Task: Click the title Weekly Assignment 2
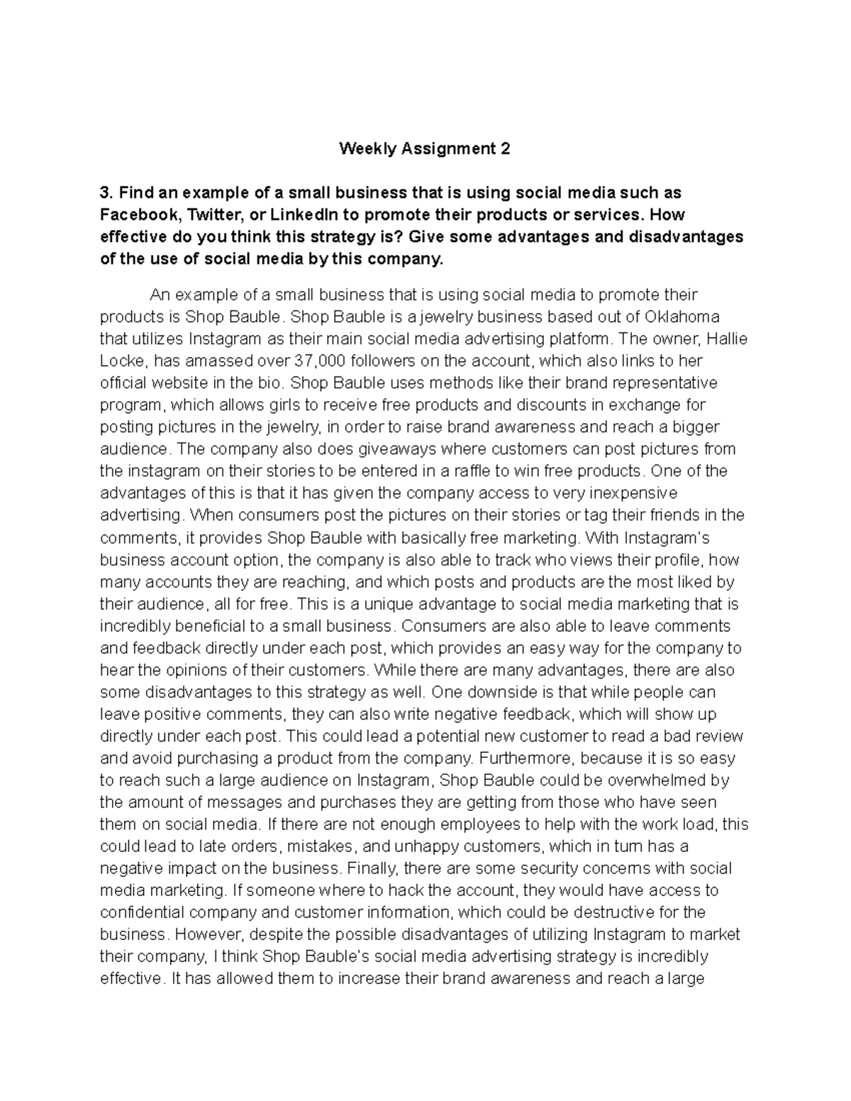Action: click(424, 149)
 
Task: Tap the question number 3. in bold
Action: click(106, 193)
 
